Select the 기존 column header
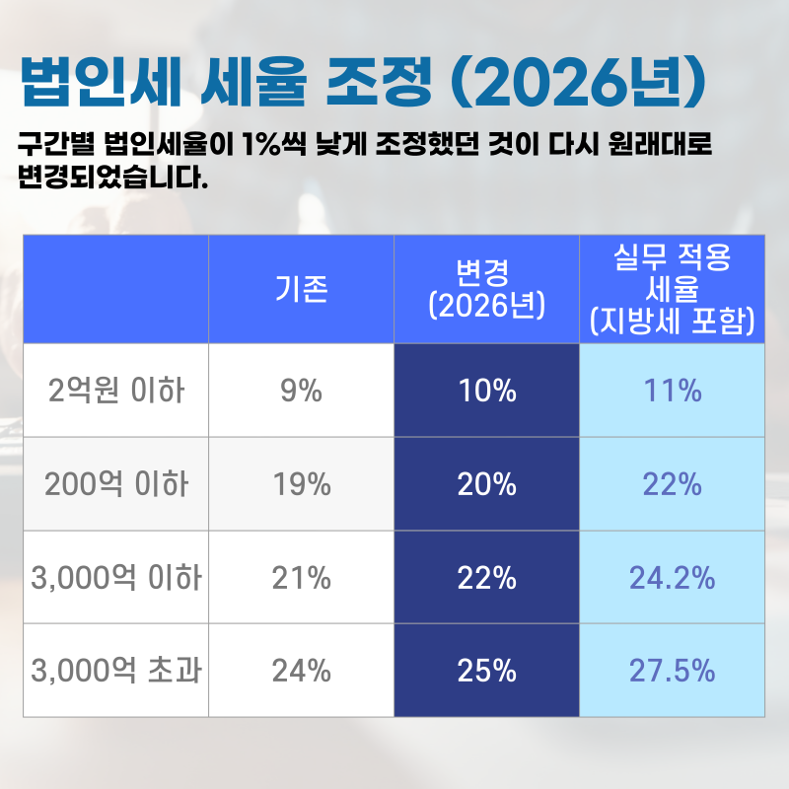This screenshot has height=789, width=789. tap(301, 289)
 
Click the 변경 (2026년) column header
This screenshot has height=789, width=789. tap(487, 289)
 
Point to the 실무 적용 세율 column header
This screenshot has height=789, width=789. tap(673, 289)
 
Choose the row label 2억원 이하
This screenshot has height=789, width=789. tap(115, 391)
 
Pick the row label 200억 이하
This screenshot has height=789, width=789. tap(115, 484)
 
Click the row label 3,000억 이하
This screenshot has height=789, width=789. tap(115, 578)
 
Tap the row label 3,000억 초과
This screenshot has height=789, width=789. tap(115, 672)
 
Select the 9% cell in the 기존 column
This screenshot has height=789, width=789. tap(301, 391)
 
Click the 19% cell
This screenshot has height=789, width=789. tap(301, 484)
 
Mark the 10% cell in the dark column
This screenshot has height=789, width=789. tap(487, 391)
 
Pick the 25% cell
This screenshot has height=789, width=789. tap(487, 672)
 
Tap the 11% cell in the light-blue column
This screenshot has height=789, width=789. tap(673, 391)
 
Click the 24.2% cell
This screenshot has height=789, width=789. tap(673, 578)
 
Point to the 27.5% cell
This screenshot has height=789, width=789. tap(673, 672)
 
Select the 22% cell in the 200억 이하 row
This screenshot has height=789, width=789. tap(673, 484)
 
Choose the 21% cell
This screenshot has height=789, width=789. tap(301, 578)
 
